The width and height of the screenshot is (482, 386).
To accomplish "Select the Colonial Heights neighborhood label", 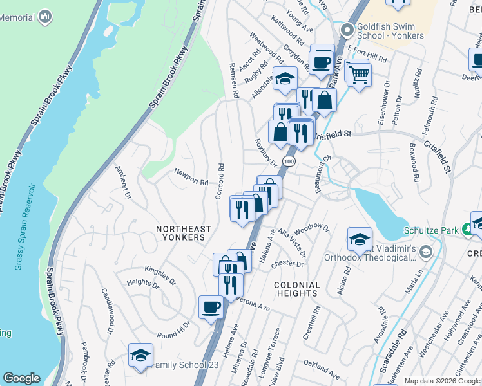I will click(296, 289).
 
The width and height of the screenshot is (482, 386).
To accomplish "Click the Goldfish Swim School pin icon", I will click(347, 30).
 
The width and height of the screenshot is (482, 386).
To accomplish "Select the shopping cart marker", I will click(359, 75).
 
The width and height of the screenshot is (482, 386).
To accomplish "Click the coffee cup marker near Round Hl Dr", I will click(211, 308).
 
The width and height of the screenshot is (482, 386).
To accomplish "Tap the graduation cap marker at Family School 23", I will click(140, 355).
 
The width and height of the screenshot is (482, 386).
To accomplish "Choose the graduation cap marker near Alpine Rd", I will click(360, 240).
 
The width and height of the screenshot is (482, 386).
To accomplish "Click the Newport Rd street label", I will click(191, 177).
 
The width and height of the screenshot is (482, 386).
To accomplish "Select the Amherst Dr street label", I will click(122, 182).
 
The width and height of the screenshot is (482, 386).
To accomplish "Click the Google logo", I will click(21, 378).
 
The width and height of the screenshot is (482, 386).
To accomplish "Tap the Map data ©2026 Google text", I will click(441, 381).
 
